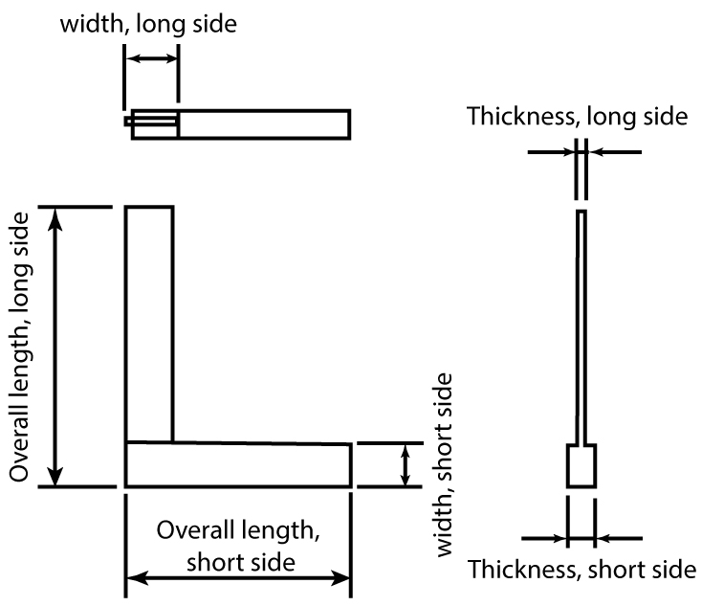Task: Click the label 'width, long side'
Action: pyautogui.click(x=148, y=23)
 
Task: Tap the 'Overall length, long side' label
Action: pyautogui.click(x=22, y=347)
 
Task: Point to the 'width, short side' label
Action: pyautogui.click(x=446, y=465)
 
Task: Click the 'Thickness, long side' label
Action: pyautogui.click(x=577, y=117)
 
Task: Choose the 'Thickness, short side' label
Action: pyautogui.click(x=581, y=570)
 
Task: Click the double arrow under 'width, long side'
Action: pyautogui.click(x=151, y=59)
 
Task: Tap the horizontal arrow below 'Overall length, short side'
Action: pyautogui.click(x=237, y=578)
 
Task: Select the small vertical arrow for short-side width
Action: pyautogui.click(x=406, y=465)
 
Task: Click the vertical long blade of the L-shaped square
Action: pyautogui.click(x=149, y=324)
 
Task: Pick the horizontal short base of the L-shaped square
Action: pyautogui.click(x=237, y=464)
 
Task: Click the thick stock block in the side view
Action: pyautogui.click(x=581, y=466)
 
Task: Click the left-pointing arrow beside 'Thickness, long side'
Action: pyautogui.click(x=615, y=151)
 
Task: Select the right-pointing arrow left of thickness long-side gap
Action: pyautogui.click(x=552, y=151)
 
